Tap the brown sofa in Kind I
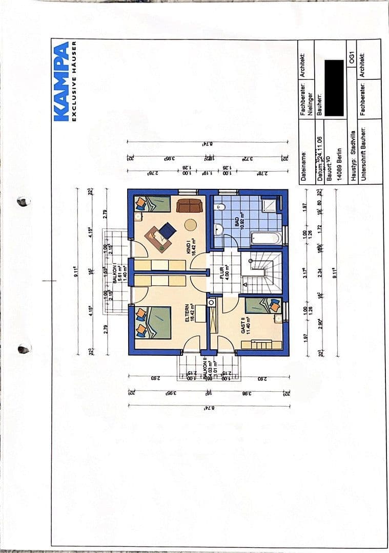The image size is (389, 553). coord(189,205)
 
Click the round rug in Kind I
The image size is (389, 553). coord(190,225)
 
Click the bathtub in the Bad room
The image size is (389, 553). coord(266,238)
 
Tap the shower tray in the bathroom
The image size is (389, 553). coord(269,206)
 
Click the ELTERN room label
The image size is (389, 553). coord(189,311)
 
